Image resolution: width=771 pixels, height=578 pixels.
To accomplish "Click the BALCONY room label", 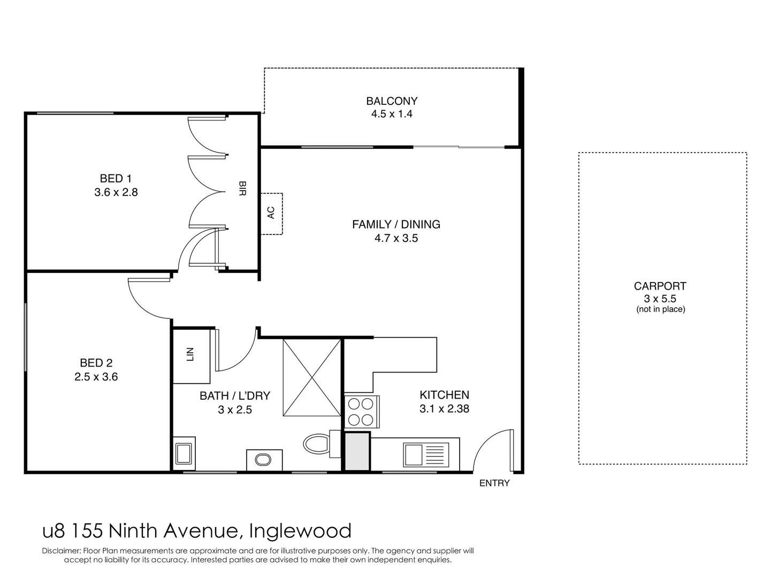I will pyautogui.click(x=392, y=101).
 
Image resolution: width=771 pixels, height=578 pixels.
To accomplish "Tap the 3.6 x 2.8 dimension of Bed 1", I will pyautogui.click(x=116, y=192).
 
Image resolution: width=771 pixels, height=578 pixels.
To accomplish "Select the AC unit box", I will pyautogui.click(x=271, y=213).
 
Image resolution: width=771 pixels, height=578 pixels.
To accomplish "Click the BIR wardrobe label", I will pyautogui.click(x=242, y=188).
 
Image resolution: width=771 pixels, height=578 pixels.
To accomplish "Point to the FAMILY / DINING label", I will pyautogui.click(x=396, y=225).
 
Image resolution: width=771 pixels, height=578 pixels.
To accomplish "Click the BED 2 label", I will pyautogui.click(x=96, y=363).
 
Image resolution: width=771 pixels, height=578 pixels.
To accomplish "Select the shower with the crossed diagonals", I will pyautogui.click(x=311, y=377).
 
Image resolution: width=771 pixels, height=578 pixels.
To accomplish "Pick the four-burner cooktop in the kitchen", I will pyautogui.click(x=361, y=411).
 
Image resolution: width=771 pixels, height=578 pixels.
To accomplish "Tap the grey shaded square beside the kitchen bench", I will pyautogui.click(x=356, y=451).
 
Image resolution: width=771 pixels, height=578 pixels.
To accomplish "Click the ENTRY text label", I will pyautogui.click(x=494, y=483).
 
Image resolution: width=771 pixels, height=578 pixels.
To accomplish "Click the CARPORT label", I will pyautogui.click(x=660, y=286).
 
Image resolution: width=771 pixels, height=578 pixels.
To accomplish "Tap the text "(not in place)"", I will pyautogui.click(x=660, y=309).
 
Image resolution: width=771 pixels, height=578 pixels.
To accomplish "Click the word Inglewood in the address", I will pyautogui.click(x=300, y=531).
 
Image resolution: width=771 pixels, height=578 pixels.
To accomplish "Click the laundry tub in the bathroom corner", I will pyautogui.click(x=184, y=453).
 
